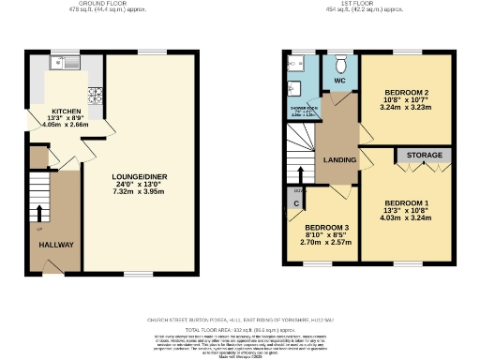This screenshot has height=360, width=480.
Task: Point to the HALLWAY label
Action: [56, 245]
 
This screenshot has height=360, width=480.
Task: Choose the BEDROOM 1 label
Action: [407, 203]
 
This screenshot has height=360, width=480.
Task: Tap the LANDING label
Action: [338, 160]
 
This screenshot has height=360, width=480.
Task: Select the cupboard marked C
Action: [296, 203]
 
